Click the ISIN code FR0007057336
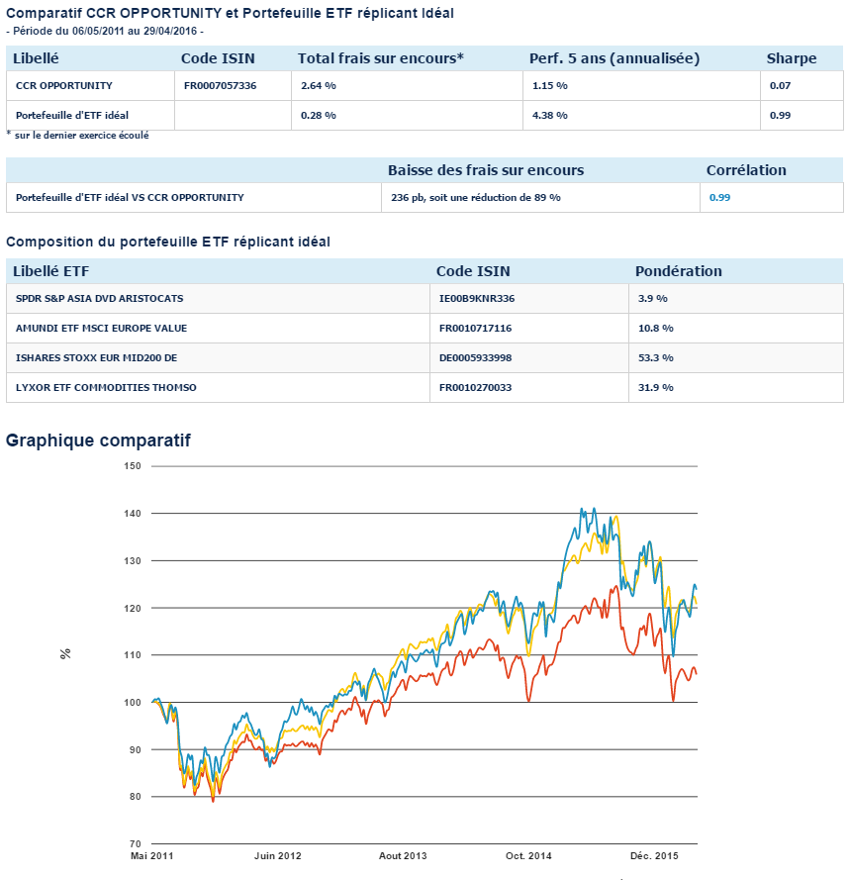click(x=220, y=86)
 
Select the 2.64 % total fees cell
click(x=319, y=86)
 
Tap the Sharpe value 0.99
click(x=779, y=116)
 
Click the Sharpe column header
click(x=792, y=58)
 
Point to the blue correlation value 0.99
click(x=719, y=198)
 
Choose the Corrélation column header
click(x=746, y=170)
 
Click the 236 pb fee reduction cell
click(x=476, y=198)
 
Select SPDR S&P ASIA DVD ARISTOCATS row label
click(x=100, y=298)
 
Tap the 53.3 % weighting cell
click(x=654, y=357)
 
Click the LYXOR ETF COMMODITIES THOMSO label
click(x=106, y=387)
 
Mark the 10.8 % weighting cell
click(x=654, y=328)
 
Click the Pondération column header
click(x=679, y=271)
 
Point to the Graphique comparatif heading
click(x=98, y=440)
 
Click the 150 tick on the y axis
click(x=133, y=466)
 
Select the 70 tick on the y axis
click(x=136, y=844)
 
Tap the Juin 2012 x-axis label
click(x=277, y=855)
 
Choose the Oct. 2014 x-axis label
click(x=527, y=855)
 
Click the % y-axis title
click(x=66, y=654)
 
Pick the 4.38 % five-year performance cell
click(x=549, y=116)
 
